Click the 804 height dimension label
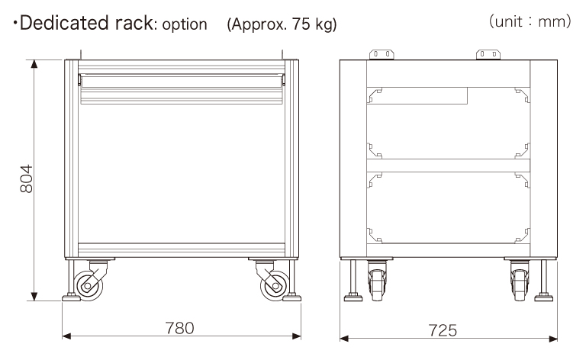pos(27,178)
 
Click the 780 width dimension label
pos(180,328)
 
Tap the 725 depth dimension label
pos(443,330)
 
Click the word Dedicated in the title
pos(65,23)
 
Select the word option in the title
pos(185,24)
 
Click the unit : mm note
pos(530,21)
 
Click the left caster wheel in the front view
pos(89,286)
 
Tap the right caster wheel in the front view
pos(275,286)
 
